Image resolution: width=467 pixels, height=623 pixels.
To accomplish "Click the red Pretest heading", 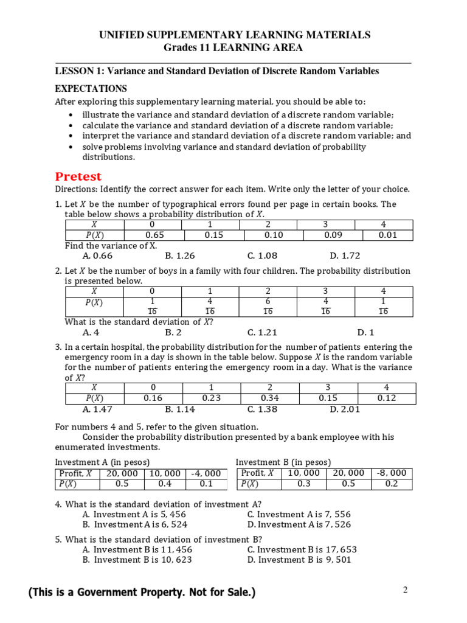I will (x=78, y=176).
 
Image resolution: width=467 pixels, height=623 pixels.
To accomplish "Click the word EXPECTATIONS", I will (x=91, y=89).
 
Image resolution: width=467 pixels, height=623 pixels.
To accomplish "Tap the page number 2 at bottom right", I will (x=404, y=590).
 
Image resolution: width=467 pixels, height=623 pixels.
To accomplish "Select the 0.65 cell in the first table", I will (x=154, y=235).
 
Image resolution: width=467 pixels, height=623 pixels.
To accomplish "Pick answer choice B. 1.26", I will (x=179, y=256).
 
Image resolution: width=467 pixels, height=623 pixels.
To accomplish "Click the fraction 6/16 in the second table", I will (x=268, y=306).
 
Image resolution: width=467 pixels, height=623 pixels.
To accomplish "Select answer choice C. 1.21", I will (x=262, y=332).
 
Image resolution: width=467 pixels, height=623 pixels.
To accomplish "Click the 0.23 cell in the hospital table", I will (x=211, y=399).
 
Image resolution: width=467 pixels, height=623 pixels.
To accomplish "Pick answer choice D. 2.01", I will (x=345, y=409).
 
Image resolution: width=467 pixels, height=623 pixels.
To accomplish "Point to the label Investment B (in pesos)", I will (x=283, y=462).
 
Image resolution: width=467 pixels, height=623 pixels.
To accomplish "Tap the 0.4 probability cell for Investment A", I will (x=164, y=484).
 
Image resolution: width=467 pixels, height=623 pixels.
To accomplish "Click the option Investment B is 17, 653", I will (x=302, y=549).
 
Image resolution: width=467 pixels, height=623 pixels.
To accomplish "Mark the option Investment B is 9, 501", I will (x=299, y=560).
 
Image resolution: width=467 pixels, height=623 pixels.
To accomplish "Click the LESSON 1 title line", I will (x=217, y=71).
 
